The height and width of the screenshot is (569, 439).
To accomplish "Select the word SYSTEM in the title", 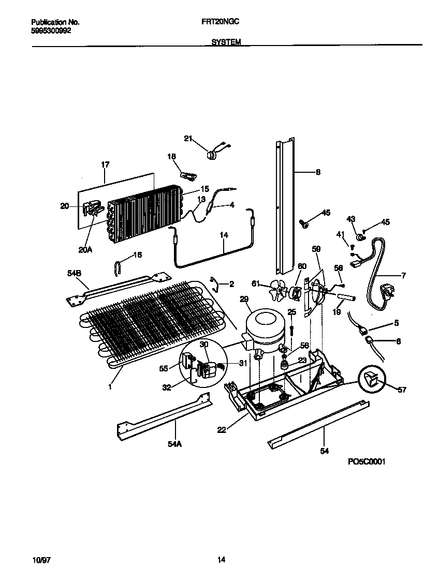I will [226, 43].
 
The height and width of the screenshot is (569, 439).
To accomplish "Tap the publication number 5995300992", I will [51, 31].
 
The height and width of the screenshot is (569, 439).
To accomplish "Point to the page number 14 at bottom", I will [221, 559].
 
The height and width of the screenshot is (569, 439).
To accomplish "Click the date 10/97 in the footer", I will [39, 559].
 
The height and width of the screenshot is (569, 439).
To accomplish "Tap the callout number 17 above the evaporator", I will [105, 165].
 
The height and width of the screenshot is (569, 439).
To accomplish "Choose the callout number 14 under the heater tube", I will [224, 235].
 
